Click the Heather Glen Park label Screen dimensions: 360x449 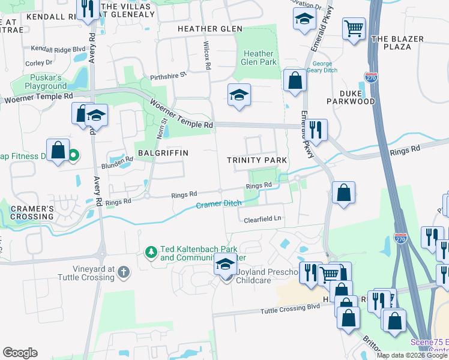258,58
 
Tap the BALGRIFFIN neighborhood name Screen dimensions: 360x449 163,153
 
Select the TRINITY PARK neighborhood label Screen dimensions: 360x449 256,160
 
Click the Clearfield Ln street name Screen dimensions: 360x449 262,220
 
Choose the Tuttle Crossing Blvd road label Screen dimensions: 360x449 291,310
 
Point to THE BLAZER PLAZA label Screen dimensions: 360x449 397,43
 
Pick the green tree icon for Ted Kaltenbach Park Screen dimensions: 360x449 152,250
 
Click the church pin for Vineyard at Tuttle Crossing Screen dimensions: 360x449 124,272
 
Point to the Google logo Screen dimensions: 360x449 20,352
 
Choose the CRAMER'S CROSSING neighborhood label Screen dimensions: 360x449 32,212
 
